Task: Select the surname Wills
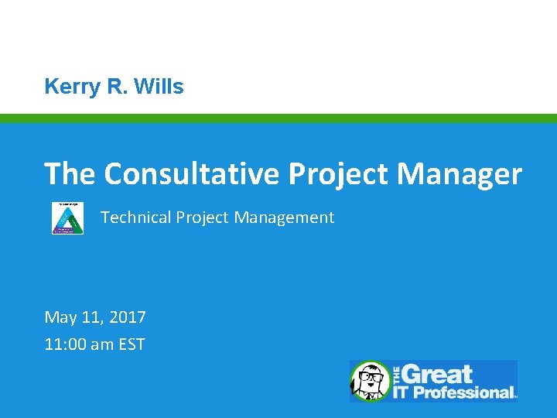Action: coord(159,87)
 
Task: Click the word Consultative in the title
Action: coord(193,174)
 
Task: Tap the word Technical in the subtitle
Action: coord(135,218)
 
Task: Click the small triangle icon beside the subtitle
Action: coord(67,218)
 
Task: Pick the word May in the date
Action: coord(60,317)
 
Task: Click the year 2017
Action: coord(126,317)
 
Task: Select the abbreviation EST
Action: coord(132,344)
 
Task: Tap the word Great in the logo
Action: coord(438,375)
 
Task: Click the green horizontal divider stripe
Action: coord(278,118)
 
